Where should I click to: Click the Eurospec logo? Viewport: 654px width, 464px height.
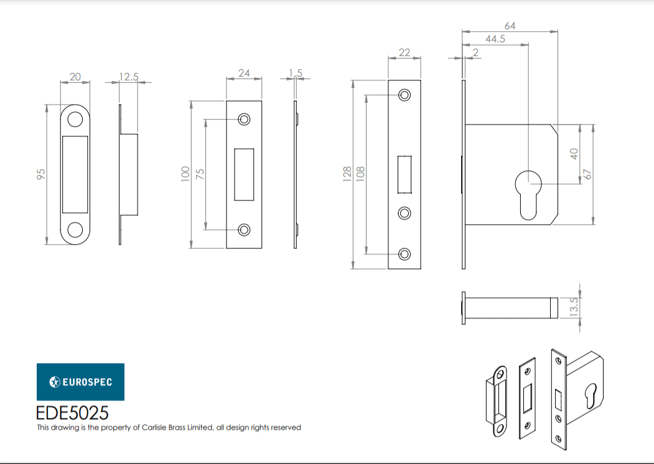(x=80, y=382)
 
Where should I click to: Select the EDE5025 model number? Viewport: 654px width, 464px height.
(x=72, y=413)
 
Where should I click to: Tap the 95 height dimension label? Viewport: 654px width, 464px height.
(x=41, y=174)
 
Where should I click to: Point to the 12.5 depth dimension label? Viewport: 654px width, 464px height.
(x=128, y=77)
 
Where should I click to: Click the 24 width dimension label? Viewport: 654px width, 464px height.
(x=244, y=73)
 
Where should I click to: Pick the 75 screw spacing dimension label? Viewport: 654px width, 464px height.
(x=200, y=174)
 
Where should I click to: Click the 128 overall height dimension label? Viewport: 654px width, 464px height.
(x=347, y=174)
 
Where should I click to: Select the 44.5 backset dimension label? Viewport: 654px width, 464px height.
(x=495, y=39)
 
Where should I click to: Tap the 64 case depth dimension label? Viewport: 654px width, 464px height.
(x=510, y=26)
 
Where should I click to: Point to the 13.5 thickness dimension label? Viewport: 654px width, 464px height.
(x=574, y=308)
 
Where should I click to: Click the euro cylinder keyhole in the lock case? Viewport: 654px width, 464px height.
(x=528, y=194)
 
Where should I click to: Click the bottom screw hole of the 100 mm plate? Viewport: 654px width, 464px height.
(x=244, y=230)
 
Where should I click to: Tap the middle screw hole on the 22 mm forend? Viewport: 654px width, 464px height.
(x=404, y=213)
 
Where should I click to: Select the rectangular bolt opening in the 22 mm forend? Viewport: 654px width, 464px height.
(x=404, y=174)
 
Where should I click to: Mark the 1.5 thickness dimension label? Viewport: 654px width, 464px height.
(x=296, y=73)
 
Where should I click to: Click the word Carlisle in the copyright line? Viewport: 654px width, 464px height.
(x=154, y=427)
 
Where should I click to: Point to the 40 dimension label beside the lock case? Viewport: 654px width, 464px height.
(x=574, y=154)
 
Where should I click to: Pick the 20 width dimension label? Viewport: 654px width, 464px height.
(x=75, y=77)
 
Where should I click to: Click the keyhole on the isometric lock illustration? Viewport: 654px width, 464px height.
(x=592, y=396)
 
